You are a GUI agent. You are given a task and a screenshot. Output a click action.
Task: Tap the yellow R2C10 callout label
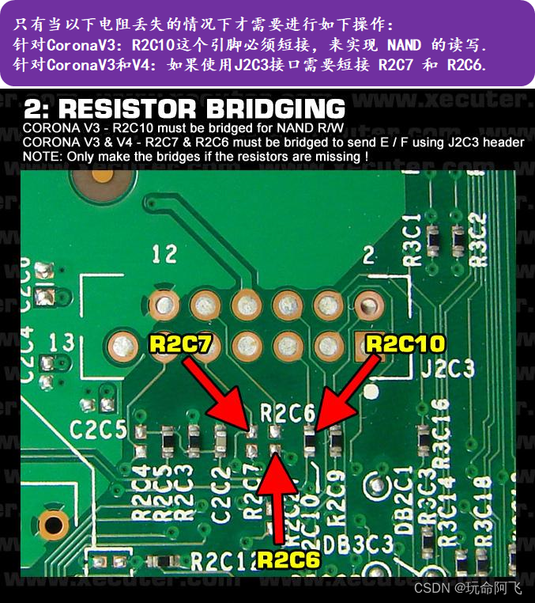coord(405,343)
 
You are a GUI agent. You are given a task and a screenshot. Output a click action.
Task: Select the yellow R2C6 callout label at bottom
coord(288,559)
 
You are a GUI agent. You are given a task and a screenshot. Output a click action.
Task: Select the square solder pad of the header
coord(368,344)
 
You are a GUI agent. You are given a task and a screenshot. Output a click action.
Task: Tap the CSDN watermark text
coord(431,588)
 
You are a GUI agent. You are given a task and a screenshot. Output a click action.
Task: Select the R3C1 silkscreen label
coord(412,246)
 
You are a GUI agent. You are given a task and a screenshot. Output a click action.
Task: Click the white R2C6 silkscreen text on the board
coord(288,412)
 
